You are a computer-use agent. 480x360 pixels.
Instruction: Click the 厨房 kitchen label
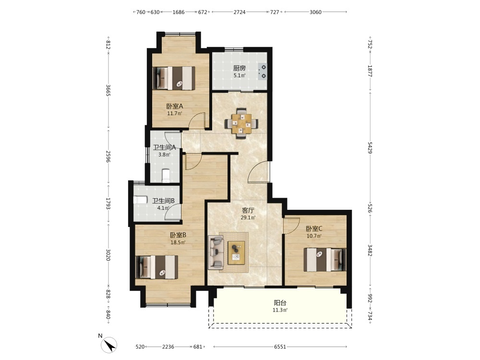(x=239, y=68)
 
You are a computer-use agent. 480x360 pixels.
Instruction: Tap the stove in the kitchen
(x=263, y=72)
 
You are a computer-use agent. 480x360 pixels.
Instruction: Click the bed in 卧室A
(x=174, y=78)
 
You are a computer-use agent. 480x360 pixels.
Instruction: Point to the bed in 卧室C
(x=325, y=260)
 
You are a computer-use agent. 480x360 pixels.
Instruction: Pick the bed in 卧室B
(x=157, y=267)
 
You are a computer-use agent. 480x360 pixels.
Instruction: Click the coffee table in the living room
(x=236, y=252)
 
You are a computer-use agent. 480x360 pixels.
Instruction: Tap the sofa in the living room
(x=216, y=252)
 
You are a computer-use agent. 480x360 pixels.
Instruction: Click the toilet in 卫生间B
(x=141, y=200)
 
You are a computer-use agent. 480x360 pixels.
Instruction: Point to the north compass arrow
(x=109, y=345)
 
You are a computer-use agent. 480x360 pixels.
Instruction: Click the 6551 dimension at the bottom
(x=280, y=347)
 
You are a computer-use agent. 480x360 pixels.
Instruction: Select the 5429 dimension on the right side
(x=370, y=148)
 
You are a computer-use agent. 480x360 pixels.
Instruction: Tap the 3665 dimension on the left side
(x=108, y=90)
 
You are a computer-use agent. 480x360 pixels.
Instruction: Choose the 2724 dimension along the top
(x=240, y=12)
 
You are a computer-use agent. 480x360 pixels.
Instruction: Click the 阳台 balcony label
(x=280, y=303)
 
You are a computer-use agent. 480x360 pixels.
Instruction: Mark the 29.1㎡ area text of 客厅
(x=248, y=217)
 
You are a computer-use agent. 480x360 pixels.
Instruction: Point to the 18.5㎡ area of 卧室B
(x=178, y=242)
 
